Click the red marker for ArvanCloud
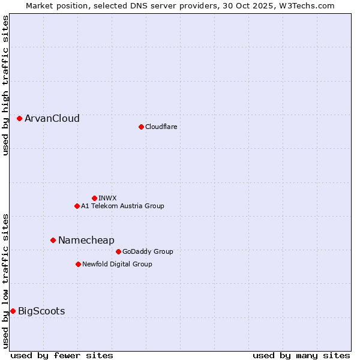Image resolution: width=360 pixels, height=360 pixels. point(20,119)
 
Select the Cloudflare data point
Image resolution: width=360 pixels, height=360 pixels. point(141,127)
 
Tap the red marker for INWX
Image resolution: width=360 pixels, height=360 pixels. point(94,198)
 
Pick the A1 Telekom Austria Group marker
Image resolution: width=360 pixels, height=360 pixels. point(77,206)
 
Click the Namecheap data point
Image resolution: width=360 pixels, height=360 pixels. point(53,240)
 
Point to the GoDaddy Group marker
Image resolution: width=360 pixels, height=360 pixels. point(118,251)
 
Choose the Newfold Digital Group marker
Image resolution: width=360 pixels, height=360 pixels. point(78,264)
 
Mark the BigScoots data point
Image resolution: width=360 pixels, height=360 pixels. point(13,311)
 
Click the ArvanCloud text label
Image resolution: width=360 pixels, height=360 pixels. point(52,119)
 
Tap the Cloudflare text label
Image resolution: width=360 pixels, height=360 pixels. point(161,127)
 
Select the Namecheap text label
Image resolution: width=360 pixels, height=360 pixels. point(86,240)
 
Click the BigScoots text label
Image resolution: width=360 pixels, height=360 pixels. point(41,311)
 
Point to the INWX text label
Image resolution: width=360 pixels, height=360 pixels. point(107,198)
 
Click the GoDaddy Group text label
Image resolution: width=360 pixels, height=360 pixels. point(148,251)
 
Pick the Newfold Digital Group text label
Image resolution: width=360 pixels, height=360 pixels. point(117,264)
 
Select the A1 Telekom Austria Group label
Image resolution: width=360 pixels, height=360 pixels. point(122,206)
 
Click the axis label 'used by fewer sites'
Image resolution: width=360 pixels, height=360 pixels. point(62,355)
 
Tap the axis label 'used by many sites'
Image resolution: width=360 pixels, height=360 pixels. point(301,355)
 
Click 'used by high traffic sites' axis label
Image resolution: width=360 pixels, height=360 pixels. point(5,85)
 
